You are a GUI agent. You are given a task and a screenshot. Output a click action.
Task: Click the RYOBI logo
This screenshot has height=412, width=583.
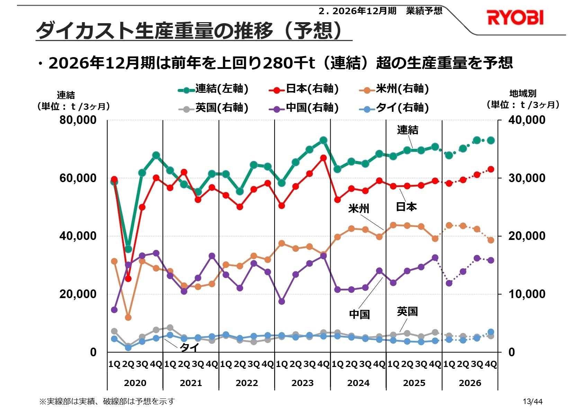(x=515, y=18)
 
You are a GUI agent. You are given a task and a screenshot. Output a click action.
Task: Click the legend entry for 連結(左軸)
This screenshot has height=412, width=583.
(x=213, y=89)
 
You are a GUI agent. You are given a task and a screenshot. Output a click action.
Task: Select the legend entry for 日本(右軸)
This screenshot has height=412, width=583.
(x=304, y=89)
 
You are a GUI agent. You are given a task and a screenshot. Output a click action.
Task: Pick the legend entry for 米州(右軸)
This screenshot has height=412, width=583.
(x=394, y=89)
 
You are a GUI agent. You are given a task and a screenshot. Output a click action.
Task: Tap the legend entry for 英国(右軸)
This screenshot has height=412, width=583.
(x=213, y=108)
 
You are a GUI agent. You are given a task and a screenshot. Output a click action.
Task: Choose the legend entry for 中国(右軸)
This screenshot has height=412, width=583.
(x=304, y=108)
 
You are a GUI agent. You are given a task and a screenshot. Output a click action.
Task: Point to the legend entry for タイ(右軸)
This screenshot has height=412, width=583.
(x=394, y=108)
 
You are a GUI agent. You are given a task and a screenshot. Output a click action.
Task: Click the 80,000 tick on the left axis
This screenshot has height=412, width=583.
(x=78, y=120)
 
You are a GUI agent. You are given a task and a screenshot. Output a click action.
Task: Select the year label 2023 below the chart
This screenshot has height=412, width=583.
(x=302, y=383)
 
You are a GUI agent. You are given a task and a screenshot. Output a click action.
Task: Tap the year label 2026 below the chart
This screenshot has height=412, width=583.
(x=470, y=383)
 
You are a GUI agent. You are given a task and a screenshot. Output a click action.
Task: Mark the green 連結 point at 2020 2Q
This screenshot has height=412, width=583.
(x=128, y=249)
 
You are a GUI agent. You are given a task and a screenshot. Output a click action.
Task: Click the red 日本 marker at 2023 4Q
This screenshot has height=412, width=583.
(x=323, y=158)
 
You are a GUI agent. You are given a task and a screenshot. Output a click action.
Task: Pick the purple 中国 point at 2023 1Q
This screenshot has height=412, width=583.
(x=281, y=302)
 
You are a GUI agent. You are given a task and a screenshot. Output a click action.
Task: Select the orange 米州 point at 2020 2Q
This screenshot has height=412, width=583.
(x=128, y=317)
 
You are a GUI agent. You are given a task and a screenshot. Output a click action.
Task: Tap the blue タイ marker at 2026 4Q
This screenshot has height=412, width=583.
(x=491, y=332)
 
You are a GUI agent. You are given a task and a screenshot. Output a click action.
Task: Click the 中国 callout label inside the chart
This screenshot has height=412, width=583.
(x=359, y=314)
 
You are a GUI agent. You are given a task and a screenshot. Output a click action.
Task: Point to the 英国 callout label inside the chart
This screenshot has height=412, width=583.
(x=407, y=312)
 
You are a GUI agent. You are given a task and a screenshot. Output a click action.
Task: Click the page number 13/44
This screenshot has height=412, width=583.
(x=532, y=402)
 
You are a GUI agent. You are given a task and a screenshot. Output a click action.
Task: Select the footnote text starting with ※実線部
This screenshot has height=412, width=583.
(x=107, y=401)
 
